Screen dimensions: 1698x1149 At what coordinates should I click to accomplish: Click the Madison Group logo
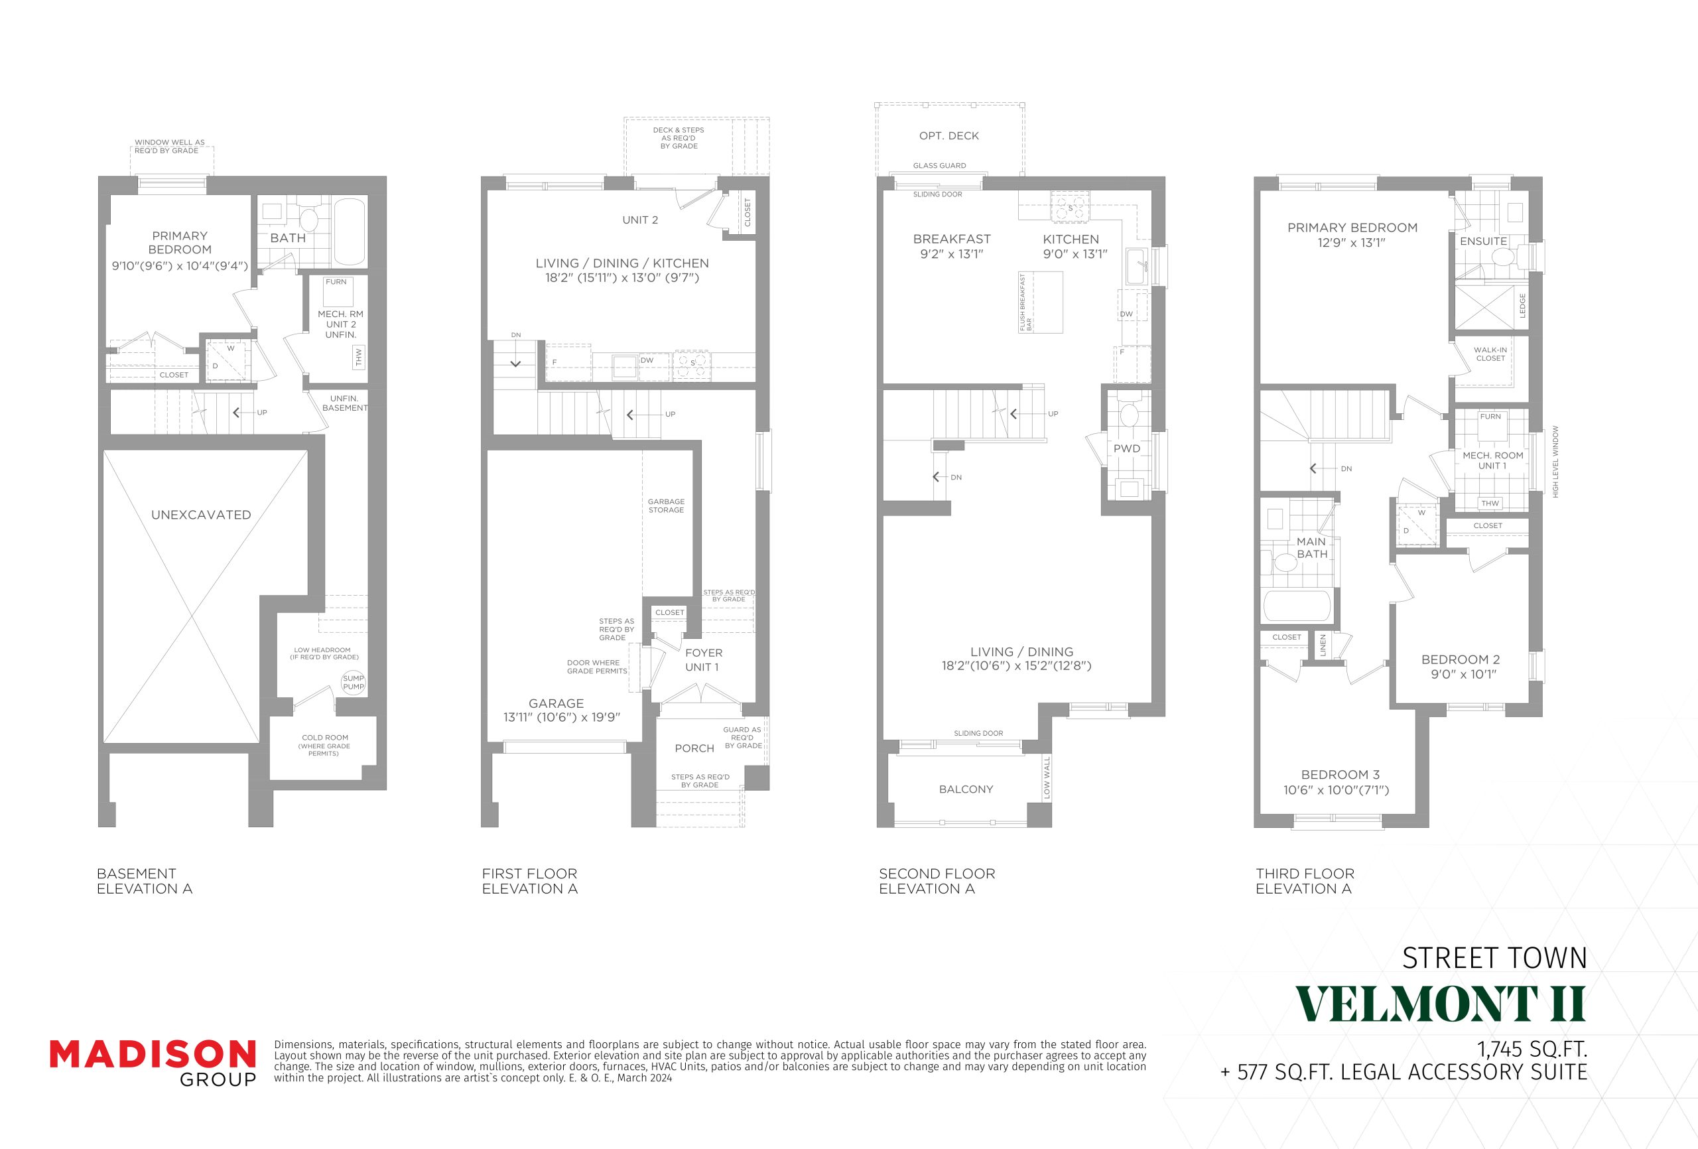tap(153, 1063)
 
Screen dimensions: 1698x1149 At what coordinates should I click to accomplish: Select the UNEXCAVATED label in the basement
tap(201, 515)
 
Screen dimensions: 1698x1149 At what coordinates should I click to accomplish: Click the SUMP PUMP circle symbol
tap(354, 683)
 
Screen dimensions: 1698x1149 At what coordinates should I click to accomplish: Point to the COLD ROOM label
tap(324, 745)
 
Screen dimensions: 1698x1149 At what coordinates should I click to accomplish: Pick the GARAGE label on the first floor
tap(556, 703)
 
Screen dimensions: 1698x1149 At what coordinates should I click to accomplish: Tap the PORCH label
tap(694, 748)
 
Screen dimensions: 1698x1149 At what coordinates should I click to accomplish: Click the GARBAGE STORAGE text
tap(667, 506)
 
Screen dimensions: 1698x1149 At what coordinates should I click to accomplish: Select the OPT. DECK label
tap(949, 136)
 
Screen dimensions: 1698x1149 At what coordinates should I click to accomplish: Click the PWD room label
tap(1127, 448)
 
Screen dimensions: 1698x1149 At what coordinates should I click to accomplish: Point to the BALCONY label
tap(966, 789)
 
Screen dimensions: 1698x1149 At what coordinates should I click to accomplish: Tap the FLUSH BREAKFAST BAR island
tap(1041, 303)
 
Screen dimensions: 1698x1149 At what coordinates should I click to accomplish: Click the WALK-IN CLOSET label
tap(1490, 354)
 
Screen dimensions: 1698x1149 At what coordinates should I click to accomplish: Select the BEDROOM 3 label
tap(1340, 775)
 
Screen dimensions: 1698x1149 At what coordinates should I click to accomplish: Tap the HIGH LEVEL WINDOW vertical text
tap(1555, 462)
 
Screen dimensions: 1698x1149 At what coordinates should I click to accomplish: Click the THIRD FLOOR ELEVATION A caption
tap(1305, 882)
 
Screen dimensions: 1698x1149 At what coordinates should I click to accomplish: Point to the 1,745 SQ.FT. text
tap(1532, 1049)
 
